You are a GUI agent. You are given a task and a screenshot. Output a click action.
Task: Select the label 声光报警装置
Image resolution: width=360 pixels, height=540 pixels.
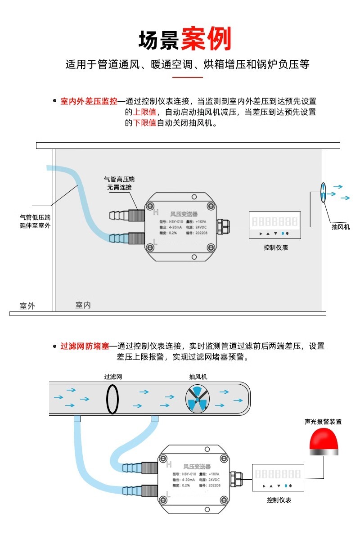323,422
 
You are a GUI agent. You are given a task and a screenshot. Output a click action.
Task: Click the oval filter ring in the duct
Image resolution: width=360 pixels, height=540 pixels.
112,398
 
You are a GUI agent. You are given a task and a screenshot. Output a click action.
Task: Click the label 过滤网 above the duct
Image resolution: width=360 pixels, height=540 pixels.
113,377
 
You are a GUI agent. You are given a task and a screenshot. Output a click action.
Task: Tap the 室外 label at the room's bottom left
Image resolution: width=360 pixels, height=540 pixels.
27,306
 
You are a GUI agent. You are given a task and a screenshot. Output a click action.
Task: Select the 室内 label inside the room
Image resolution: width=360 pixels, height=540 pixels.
83,305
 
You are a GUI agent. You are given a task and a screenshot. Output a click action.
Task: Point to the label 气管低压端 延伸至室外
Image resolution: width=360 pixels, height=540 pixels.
35,221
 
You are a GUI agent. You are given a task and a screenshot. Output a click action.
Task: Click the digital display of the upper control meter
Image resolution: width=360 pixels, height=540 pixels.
274,221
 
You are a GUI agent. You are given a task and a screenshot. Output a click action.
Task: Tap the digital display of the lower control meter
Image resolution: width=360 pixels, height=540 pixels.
278,474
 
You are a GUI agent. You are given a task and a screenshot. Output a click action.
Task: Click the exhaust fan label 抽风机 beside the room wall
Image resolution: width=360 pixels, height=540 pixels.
341,227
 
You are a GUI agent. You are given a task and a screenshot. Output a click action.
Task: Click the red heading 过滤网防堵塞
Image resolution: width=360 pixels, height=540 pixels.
85,346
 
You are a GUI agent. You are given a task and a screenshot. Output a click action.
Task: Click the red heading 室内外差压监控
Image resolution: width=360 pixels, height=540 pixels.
89,101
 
